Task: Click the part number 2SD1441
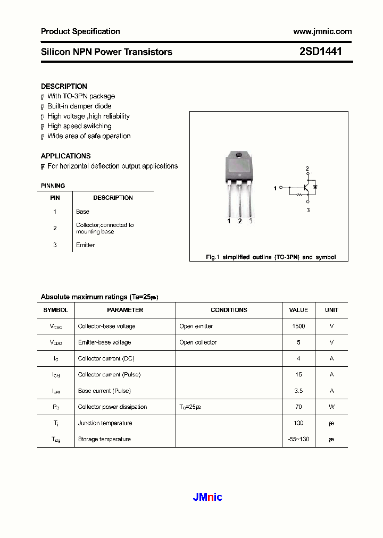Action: point(320,52)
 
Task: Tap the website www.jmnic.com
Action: point(322,31)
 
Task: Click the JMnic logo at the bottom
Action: point(207,497)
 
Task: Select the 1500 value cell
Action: point(298,326)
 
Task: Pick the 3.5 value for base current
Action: point(298,391)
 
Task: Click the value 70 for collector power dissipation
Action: point(298,407)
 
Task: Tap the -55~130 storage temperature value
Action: point(298,439)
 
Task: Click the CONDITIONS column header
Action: point(229,310)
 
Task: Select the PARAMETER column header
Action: point(125,310)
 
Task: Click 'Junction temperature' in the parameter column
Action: point(105,423)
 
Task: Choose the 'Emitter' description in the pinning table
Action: point(85,245)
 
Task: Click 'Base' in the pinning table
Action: point(82,212)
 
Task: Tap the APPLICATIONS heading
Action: point(65,156)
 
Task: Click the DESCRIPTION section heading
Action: point(64,86)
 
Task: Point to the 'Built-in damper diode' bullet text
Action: point(79,106)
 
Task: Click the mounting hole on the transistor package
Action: point(239,155)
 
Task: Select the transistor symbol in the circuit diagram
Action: point(307,188)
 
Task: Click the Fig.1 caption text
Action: point(271,257)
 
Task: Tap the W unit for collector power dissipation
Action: point(331,407)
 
